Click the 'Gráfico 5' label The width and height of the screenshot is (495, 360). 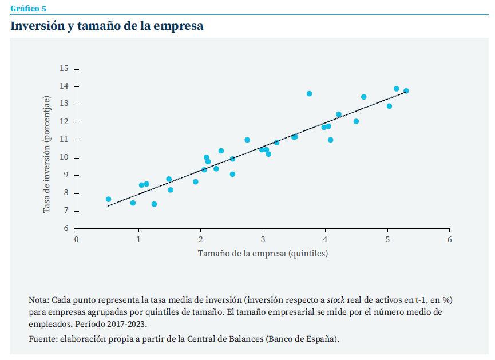[28, 8]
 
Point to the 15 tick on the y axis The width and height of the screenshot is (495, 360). [64, 69]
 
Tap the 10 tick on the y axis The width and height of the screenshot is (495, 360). [64, 157]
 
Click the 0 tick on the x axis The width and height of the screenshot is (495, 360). [76, 239]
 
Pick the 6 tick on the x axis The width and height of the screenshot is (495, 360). [450, 239]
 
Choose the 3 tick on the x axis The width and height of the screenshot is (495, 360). [263, 239]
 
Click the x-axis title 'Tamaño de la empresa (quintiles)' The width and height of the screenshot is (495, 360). [263, 253]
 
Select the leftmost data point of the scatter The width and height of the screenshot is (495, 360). [108, 199]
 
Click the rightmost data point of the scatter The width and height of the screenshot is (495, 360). [406, 91]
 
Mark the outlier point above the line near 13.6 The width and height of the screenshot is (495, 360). [309, 93]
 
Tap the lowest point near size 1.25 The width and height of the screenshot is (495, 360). [154, 204]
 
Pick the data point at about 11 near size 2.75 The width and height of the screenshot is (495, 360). [247, 140]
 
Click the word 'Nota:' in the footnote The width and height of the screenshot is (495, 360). [39, 300]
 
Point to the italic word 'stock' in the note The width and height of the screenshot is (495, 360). [336, 300]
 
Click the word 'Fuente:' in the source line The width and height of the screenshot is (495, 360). [42, 339]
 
